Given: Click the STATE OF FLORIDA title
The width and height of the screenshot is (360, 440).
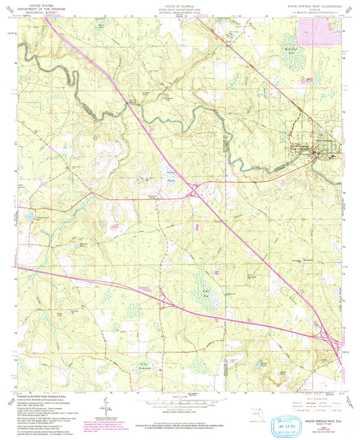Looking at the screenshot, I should click(180, 4).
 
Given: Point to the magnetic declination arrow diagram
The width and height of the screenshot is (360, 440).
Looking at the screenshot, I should click(105, 406).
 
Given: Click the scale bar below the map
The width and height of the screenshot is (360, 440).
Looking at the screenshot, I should click(180, 400).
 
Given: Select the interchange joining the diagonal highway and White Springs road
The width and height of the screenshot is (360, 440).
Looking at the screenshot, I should click(194, 195).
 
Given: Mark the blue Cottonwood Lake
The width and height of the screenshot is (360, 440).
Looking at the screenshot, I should click(29, 216).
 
